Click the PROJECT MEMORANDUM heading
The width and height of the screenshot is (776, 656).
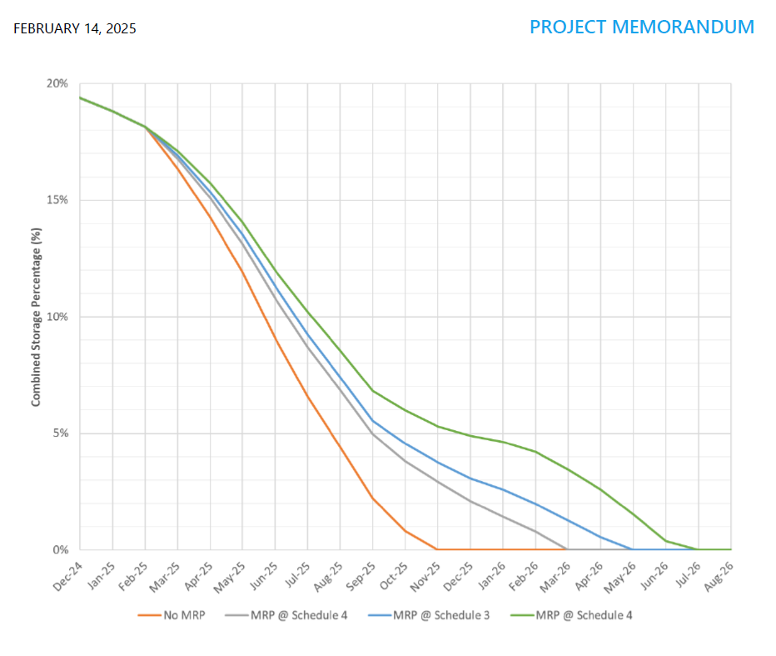(x=641, y=27)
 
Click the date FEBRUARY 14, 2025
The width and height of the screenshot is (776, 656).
(x=75, y=29)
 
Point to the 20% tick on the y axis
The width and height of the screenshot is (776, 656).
(x=57, y=83)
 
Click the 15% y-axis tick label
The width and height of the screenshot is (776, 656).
(x=57, y=200)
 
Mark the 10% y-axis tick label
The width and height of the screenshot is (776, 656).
(x=57, y=317)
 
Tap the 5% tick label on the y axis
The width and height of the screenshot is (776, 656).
(x=60, y=433)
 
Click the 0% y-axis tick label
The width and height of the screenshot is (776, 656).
(x=60, y=550)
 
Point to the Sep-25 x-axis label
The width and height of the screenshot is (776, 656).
(x=361, y=573)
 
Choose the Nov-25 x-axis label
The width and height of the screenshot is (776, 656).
(x=425, y=573)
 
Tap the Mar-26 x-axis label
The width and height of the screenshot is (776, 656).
(x=555, y=573)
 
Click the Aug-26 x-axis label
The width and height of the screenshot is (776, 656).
(x=719, y=573)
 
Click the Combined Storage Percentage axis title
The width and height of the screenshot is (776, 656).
(x=36, y=317)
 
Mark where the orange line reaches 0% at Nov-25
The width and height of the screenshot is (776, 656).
(x=437, y=549)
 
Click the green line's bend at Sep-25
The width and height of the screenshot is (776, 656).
(x=372, y=390)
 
